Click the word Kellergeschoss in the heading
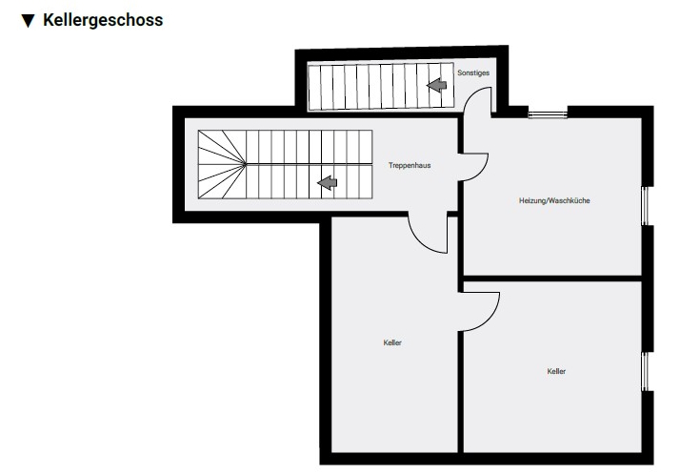[103, 21]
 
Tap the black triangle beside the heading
[29, 21]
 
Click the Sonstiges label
[473, 72]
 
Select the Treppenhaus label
[410, 165]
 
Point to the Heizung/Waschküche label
[554, 200]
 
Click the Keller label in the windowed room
[556, 371]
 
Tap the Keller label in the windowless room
[392, 342]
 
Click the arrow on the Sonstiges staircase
[436, 85]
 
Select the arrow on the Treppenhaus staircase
[328, 182]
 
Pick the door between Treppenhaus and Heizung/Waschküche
[473, 167]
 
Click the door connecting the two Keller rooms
[479, 312]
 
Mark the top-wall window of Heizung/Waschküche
[548, 113]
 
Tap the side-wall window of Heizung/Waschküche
[646, 206]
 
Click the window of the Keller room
[646, 371]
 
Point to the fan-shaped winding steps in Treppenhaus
[222, 164]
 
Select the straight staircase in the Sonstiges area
[381, 87]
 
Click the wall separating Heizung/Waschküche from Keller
[552, 279]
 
